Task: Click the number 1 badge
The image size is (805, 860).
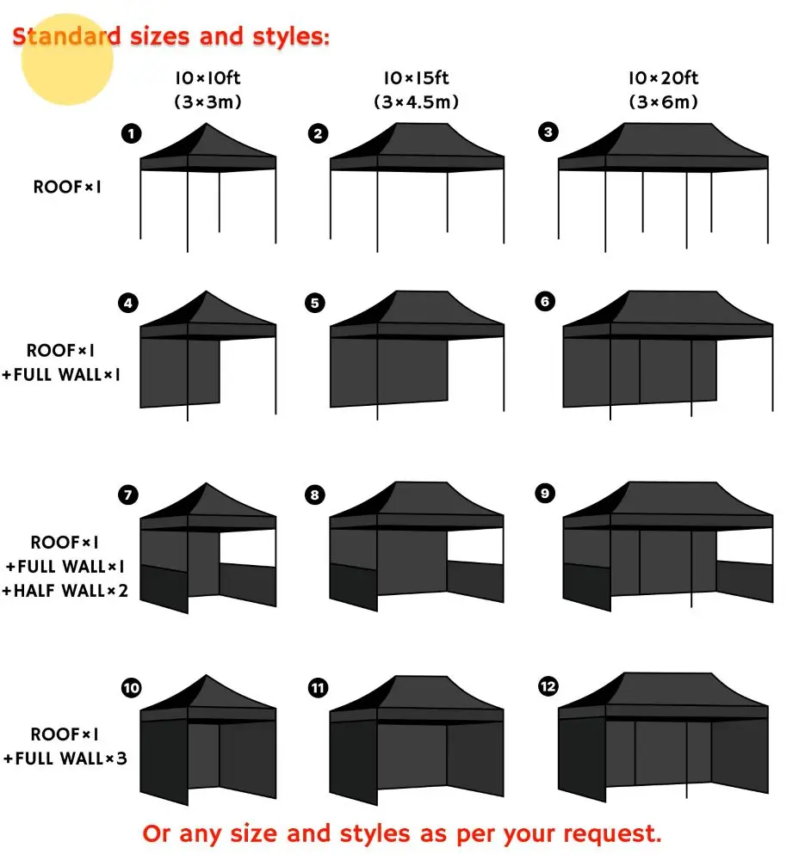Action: click(132, 133)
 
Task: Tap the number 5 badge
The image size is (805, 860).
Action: click(315, 303)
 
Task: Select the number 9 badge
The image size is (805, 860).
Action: click(545, 494)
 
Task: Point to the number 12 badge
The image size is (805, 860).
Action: click(548, 686)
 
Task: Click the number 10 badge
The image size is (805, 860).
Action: click(132, 688)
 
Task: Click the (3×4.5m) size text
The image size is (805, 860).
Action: click(417, 101)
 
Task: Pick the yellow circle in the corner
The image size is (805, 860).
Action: click(67, 58)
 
